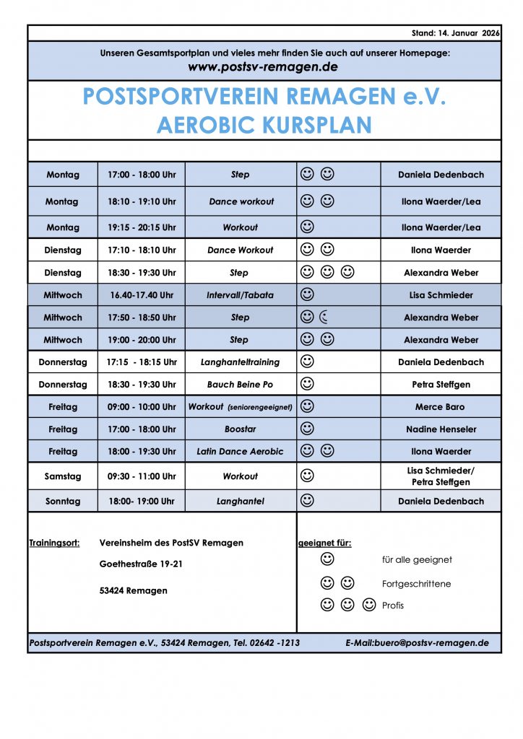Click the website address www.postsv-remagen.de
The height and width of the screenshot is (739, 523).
click(x=263, y=67)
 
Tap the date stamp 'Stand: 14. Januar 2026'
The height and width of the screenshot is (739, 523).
click(x=456, y=33)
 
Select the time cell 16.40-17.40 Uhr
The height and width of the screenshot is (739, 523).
click(x=142, y=295)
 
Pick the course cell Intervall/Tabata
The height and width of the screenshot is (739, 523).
click(x=240, y=295)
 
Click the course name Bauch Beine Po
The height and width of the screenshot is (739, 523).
click(x=240, y=385)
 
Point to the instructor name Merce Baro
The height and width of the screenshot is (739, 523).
click(x=441, y=407)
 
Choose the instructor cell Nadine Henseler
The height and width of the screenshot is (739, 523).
click(x=441, y=429)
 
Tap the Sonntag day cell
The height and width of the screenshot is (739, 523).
click(x=63, y=501)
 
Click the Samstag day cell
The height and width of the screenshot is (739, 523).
click(x=63, y=476)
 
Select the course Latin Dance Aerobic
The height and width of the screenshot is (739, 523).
click(x=240, y=452)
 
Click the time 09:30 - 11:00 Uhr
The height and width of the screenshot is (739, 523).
click(x=142, y=476)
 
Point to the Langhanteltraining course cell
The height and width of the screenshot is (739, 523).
click(x=240, y=362)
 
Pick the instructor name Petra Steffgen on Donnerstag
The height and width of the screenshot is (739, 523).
click(x=441, y=385)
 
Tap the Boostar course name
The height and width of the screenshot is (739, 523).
click(x=240, y=429)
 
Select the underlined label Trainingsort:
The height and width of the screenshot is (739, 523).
click(x=54, y=543)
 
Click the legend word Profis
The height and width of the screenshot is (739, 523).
click(x=393, y=605)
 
